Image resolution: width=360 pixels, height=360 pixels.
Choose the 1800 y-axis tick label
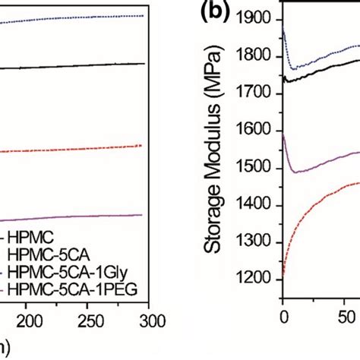(261, 57)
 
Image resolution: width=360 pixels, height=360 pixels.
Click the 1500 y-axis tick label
(261, 169)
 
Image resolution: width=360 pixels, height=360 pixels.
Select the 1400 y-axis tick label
(261, 206)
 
